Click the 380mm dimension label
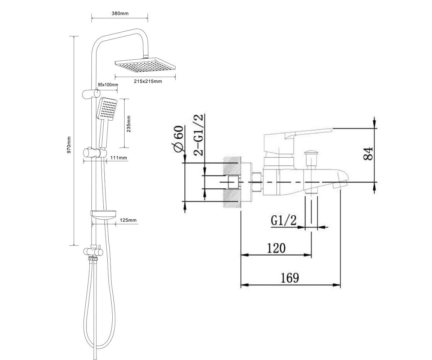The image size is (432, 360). click(x=120, y=13)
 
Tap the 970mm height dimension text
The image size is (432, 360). click(x=69, y=145)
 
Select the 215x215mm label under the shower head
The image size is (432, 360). click(x=148, y=81)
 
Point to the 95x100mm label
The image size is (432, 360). click(x=108, y=85)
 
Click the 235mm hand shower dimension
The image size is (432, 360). click(x=129, y=124)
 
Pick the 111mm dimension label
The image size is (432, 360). click(x=118, y=158)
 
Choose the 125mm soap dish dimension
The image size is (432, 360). click(x=128, y=220)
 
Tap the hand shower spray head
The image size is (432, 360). click(x=107, y=109)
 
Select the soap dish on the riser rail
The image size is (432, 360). click(x=103, y=215)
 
